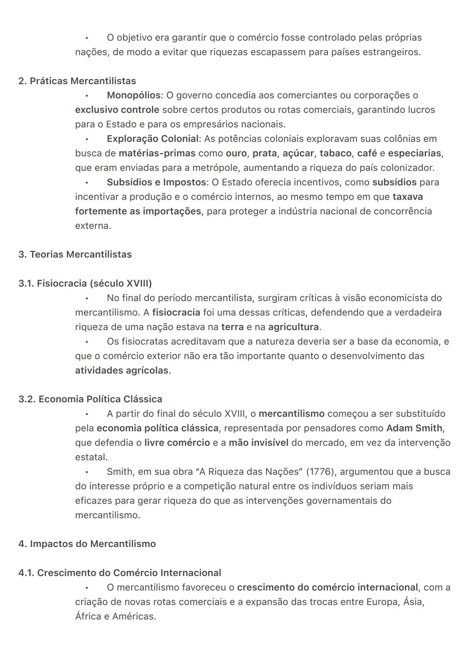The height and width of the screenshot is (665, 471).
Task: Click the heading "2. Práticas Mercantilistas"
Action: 77,81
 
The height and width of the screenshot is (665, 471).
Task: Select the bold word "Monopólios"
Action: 133,95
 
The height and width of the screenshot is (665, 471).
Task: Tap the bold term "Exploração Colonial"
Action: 152,139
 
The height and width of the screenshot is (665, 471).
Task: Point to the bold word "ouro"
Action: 236,153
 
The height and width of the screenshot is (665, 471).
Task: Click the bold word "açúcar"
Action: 298,153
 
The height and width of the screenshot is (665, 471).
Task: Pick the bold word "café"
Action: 367,153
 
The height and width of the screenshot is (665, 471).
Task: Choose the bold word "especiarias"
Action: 414,153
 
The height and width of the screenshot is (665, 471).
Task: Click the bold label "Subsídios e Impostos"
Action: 156,182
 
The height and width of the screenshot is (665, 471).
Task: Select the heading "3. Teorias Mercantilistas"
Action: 75,254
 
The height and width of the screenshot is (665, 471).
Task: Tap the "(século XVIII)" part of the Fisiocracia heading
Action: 121,284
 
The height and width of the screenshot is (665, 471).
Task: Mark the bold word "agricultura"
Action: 293,327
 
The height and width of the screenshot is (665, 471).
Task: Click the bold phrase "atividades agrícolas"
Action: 122,371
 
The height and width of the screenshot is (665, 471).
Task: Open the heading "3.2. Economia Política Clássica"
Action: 90,399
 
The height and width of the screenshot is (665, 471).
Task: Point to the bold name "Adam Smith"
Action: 414,428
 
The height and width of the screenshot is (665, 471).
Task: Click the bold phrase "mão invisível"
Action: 259,443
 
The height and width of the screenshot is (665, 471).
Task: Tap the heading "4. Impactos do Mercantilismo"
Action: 87,544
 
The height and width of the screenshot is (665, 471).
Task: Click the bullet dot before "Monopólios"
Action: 87,95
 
